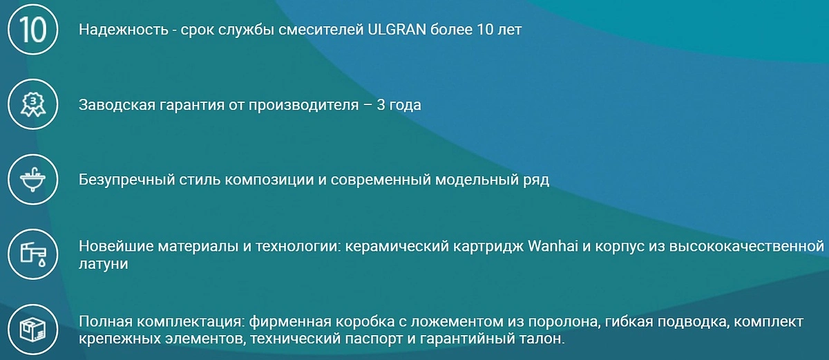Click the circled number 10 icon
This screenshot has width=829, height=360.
[x=33, y=30]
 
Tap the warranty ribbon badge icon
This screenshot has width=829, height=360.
[x=33, y=104]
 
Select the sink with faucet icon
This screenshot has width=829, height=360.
[x=33, y=180]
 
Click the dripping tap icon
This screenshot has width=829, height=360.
[x=33, y=254]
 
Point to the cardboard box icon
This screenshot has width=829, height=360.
[x=33, y=330]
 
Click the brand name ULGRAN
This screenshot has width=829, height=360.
[x=397, y=30]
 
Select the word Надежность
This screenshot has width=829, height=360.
[x=123, y=30]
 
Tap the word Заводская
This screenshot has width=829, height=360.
[x=117, y=105]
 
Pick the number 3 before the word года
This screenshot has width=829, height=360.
[x=381, y=105]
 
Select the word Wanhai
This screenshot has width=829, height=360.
[x=553, y=246]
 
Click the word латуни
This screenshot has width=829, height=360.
[x=103, y=264]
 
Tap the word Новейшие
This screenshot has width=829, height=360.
[x=116, y=246]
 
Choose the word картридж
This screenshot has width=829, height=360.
[x=488, y=247]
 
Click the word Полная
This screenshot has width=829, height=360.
[x=106, y=321]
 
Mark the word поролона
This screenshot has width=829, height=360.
[x=562, y=322]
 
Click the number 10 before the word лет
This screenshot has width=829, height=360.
[x=485, y=30]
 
